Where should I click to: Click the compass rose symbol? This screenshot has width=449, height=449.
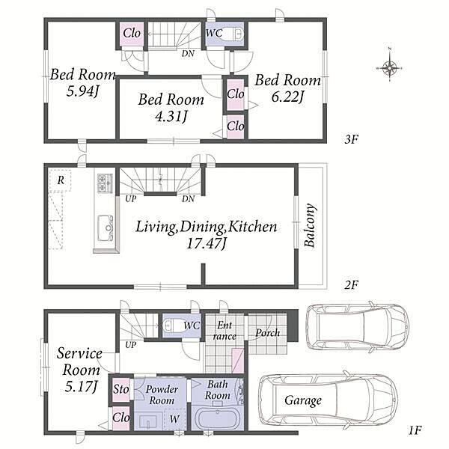coord(389,68)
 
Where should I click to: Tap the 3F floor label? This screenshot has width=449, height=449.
coord(352,139)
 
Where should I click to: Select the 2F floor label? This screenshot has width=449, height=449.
coord(351,285)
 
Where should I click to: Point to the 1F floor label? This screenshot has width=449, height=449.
coord(415,430)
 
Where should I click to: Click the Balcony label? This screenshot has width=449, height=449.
coord(311,225)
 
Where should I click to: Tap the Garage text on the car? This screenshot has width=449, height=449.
coord(303,400)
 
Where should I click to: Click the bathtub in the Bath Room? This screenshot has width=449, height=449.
coord(217,418)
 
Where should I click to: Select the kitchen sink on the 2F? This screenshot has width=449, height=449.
coord(105,228)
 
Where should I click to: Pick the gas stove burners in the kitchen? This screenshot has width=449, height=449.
coord(103,183)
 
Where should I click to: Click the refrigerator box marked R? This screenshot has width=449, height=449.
coord(60,180)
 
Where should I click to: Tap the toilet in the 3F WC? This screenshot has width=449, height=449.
coord(233,34)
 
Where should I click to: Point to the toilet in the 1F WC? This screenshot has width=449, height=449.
coord(173,326)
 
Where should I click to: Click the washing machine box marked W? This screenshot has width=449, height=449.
coord(174,419)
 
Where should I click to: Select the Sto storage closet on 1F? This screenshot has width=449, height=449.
coord(120,389)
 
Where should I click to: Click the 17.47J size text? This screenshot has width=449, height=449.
coord(207,244)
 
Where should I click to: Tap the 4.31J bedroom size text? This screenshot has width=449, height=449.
coord(171,116)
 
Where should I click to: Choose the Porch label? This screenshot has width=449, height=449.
coord(268,332)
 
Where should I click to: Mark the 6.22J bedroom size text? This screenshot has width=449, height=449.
coord(287,97)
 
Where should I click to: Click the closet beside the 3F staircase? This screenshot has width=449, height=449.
coord(132,34)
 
